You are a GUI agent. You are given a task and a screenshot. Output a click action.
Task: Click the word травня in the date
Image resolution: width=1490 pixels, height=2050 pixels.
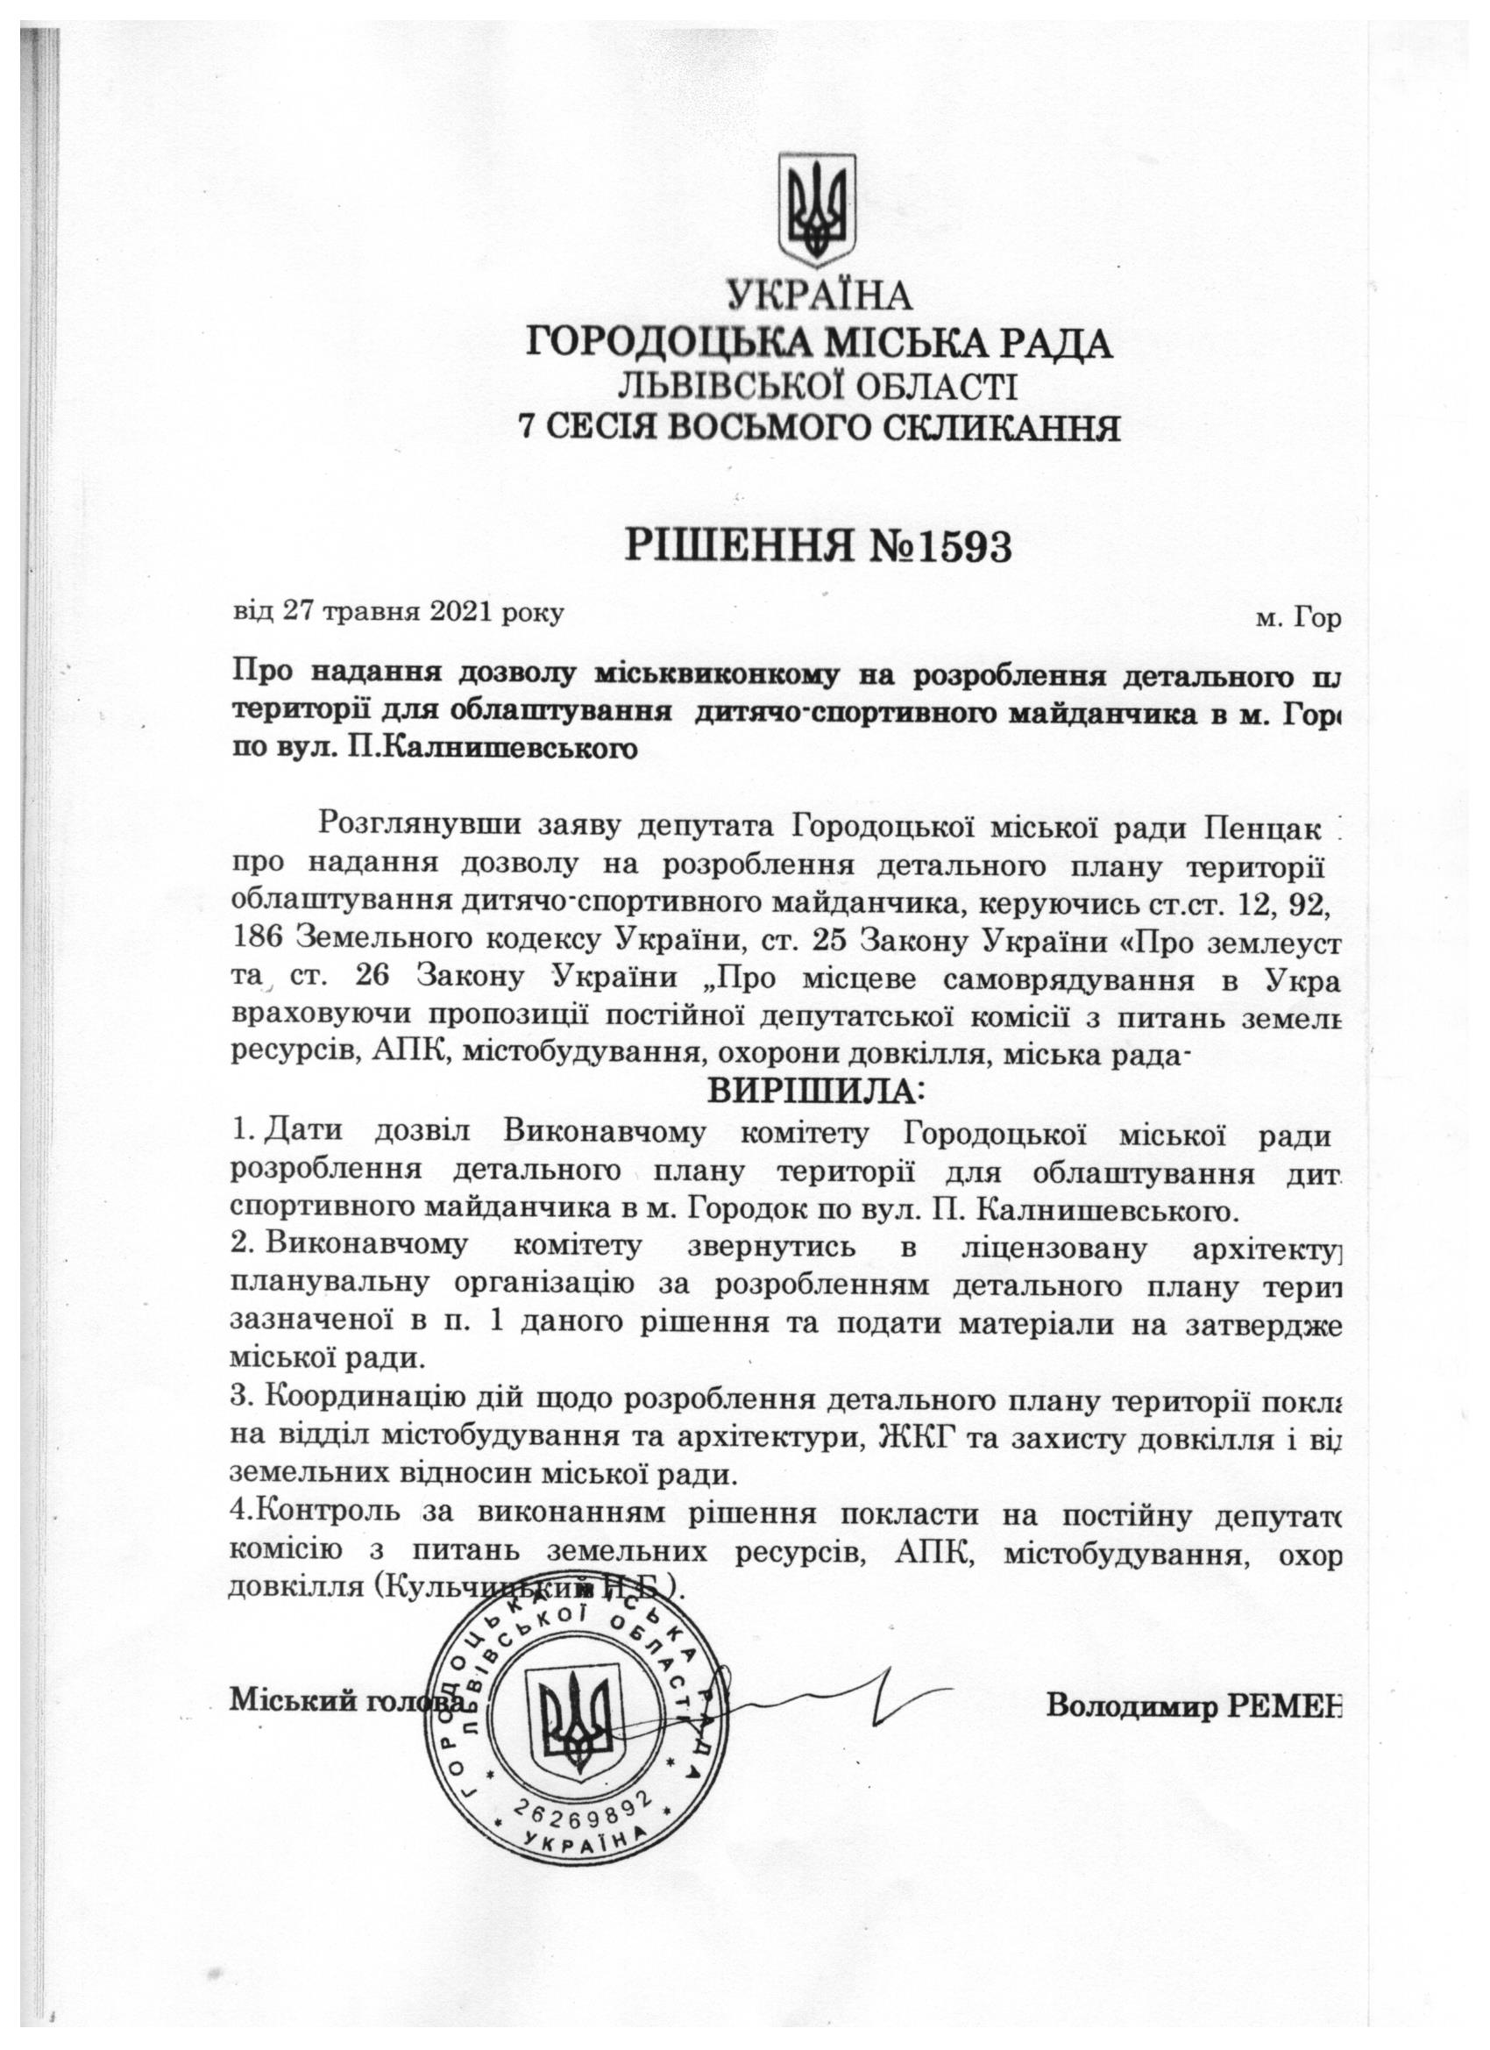click(362, 612)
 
